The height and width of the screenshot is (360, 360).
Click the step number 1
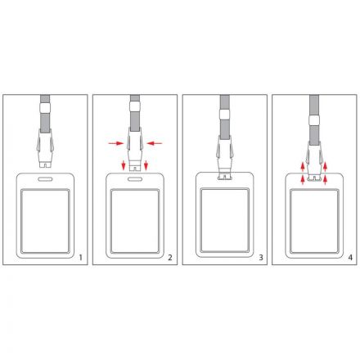click(x=80, y=257)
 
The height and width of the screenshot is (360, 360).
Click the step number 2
click(x=170, y=257)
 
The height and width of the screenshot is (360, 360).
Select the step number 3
click(x=261, y=257)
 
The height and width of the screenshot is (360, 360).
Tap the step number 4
click(x=350, y=257)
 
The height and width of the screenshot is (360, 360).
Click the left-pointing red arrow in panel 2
click(x=155, y=143)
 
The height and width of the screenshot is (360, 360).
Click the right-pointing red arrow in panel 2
click(x=116, y=143)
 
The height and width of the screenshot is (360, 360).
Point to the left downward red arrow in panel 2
click(x=124, y=165)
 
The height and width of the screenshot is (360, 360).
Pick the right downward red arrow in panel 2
click(x=146, y=165)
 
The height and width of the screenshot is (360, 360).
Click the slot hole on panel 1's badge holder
click(x=45, y=179)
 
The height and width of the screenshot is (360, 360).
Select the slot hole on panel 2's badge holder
click(x=135, y=179)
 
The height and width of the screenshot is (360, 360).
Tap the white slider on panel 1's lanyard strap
click(x=45, y=108)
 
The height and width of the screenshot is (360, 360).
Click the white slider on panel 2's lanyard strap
click(x=135, y=106)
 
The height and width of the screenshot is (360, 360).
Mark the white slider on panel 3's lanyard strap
click(x=225, y=114)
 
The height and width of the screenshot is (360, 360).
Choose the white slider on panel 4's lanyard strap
click(x=314, y=120)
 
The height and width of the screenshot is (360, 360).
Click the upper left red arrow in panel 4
click(x=303, y=166)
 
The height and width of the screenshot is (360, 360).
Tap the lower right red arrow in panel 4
click(x=325, y=180)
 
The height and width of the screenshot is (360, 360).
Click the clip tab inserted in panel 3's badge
click(x=225, y=177)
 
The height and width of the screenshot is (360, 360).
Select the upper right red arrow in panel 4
click(x=325, y=166)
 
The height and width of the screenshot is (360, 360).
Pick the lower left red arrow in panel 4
click(x=303, y=180)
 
